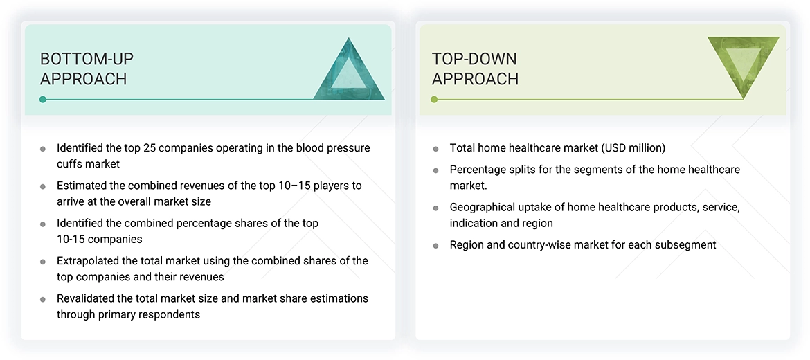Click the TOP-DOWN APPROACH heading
pos(475,69)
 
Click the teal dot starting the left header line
pos(43,100)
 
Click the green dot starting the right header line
pos(434,100)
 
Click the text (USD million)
pos(633,147)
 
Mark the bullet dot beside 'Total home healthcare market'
pos(435,149)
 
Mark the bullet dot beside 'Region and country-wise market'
pos(435,246)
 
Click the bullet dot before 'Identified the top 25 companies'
pos(43,149)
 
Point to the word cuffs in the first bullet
pos(70,164)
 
